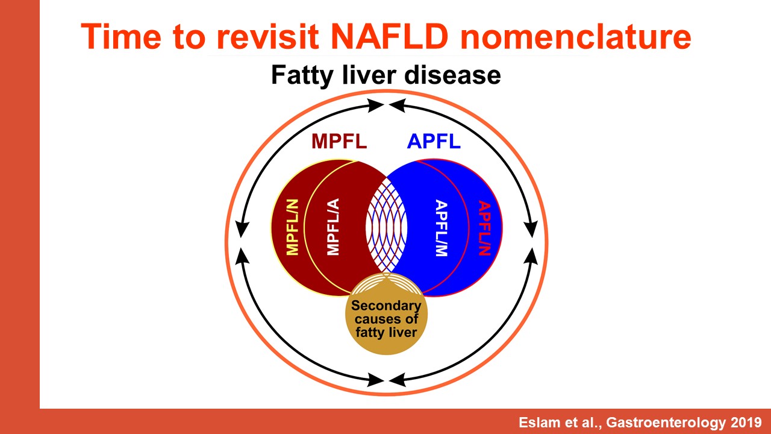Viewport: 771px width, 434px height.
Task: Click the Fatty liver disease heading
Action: tap(386, 75)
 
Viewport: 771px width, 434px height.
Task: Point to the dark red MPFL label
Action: tap(339, 141)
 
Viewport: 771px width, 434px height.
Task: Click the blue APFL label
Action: tap(434, 141)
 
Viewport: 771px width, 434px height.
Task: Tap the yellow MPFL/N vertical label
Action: tap(293, 227)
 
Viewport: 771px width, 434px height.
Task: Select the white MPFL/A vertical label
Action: tap(333, 227)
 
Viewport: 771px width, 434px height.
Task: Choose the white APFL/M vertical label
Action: tap(442, 228)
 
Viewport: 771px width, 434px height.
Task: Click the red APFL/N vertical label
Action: tap(484, 228)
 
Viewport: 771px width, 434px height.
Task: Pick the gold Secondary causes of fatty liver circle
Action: tap(386, 314)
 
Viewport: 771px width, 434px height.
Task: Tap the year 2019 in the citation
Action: tap(745, 423)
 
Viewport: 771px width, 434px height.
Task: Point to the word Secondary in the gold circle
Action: tap(386, 306)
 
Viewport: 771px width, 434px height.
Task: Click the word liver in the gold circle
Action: tap(404, 332)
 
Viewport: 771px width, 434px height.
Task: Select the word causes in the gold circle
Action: tap(374, 319)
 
